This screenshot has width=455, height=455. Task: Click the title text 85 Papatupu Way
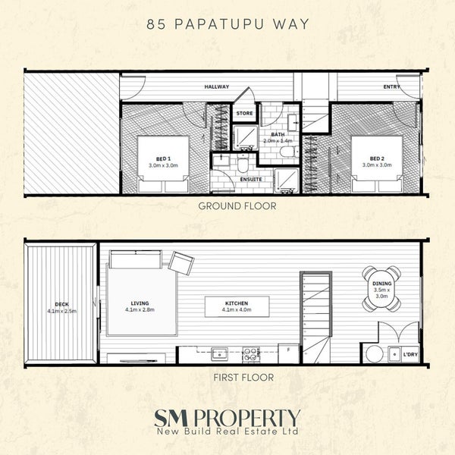pos(227,24)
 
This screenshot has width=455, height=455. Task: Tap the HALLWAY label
pos(217,86)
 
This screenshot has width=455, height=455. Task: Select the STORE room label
pos(244,113)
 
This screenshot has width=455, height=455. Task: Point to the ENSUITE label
pos(251,179)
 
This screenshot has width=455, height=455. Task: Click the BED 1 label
pos(163,159)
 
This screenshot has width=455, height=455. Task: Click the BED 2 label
pos(377,158)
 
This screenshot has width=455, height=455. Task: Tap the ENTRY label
pos(391,86)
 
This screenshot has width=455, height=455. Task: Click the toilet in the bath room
pos(289,152)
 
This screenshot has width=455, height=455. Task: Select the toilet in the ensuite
pos(243,163)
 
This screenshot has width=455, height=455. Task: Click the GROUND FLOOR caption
pos(237,206)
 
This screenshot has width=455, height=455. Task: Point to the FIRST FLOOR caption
pos(243,378)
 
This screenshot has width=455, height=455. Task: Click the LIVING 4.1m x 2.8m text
pos(140,306)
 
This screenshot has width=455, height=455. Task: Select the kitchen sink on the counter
pos(219,354)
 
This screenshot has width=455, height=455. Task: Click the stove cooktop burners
pos(251,354)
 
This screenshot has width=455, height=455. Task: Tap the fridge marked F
pos(288,353)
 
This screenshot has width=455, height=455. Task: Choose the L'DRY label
pos(410,354)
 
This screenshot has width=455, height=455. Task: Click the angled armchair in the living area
pos(181,263)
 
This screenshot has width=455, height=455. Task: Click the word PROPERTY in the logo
pos(246,418)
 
